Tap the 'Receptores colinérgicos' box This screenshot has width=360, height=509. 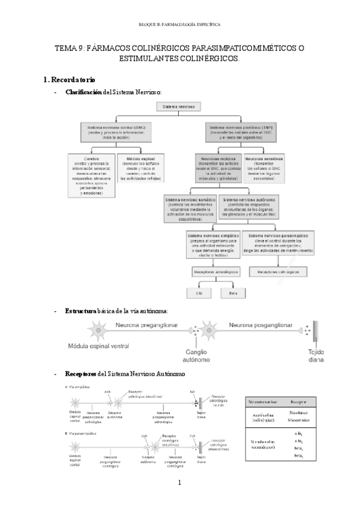[278, 272]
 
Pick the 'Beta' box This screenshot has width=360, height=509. [232, 292]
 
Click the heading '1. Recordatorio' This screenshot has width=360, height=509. [69, 80]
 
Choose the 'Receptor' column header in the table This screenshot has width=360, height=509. [299, 402]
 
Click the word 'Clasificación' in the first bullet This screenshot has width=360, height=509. [83, 92]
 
